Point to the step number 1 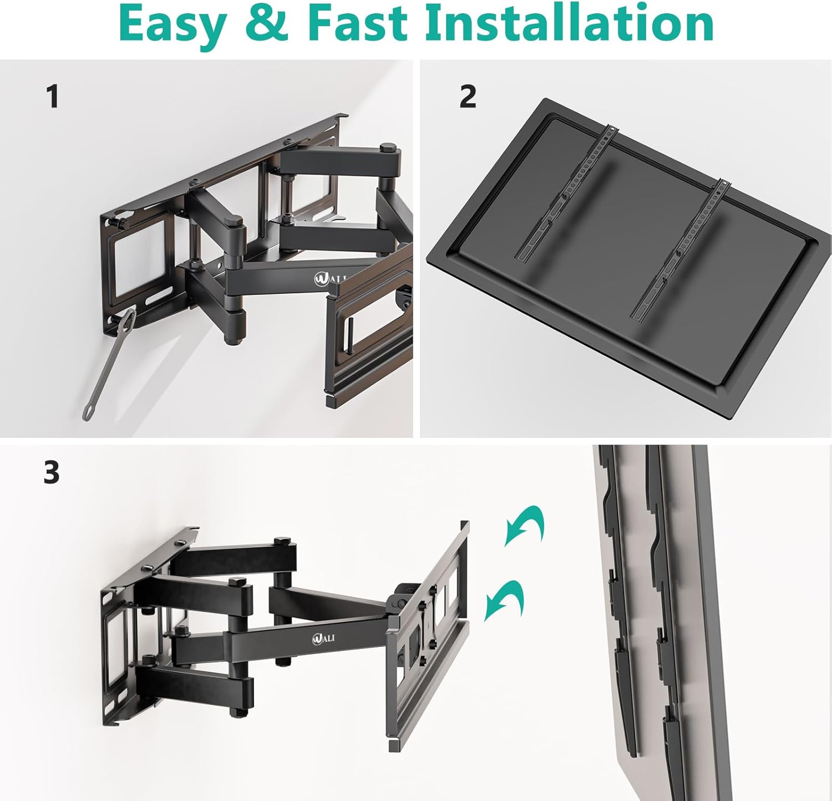point(53,96)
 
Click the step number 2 point(468,96)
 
